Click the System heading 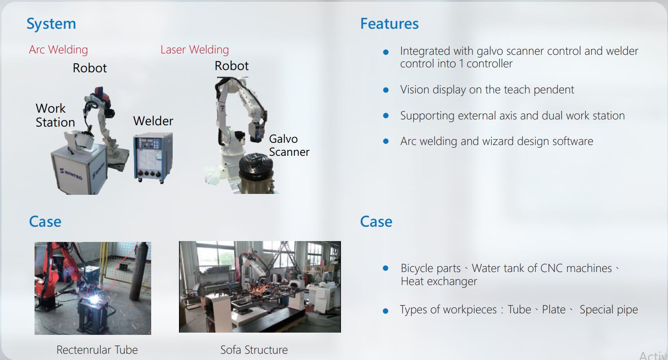[x=51, y=24]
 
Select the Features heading [x=389, y=24]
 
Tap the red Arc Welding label [x=58, y=49]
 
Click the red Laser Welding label [x=194, y=49]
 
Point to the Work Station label [x=55, y=115]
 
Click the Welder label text [x=153, y=121]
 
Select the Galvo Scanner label [x=289, y=145]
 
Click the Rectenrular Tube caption [x=97, y=350]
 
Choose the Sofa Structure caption [x=254, y=350]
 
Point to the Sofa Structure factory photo [x=260, y=287]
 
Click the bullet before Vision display [x=386, y=90]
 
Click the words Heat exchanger [x=439, y=282]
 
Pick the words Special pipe [x=608, y=310]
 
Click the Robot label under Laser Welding [x=231, y=66]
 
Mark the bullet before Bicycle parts [x=385, y=268]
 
